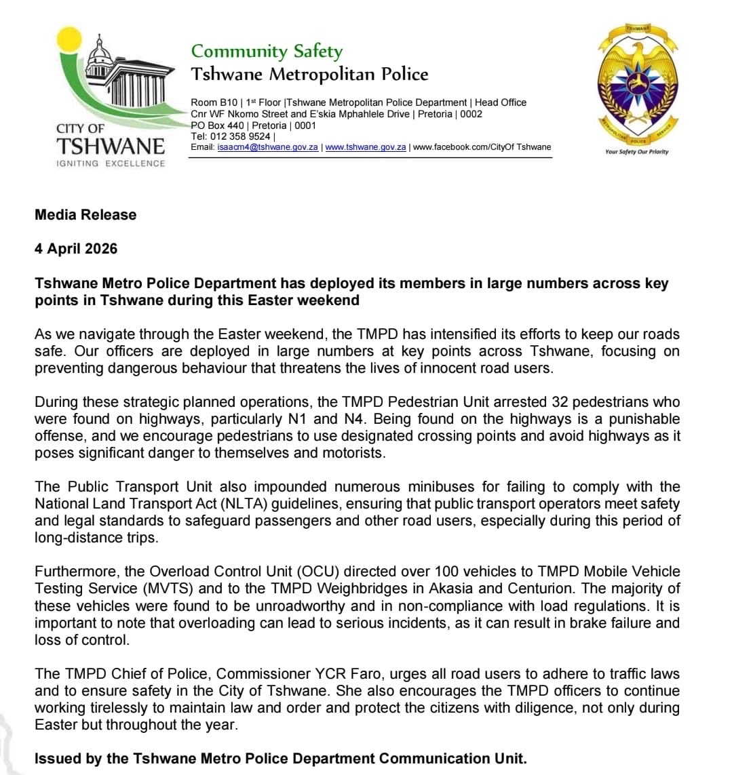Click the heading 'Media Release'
85,215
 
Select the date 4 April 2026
76,249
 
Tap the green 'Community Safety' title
267,52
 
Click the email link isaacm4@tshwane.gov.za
267,147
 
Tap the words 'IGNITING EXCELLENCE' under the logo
111,163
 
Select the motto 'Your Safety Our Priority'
636,152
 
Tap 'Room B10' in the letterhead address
214,102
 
